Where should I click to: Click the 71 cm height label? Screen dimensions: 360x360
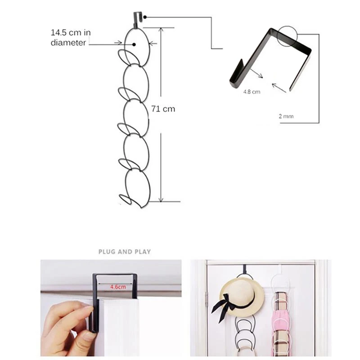tap(162, 108)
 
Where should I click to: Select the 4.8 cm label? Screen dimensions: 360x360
tap(252, 91)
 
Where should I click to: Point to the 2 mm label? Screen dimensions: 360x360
tap(286, 116)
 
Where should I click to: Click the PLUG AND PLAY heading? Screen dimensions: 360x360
tap(125, 252)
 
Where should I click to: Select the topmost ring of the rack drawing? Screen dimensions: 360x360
tap(137, 45)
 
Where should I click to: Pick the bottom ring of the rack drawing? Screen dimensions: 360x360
tap(137, 187)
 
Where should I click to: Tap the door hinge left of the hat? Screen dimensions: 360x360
tap(207, 300)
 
